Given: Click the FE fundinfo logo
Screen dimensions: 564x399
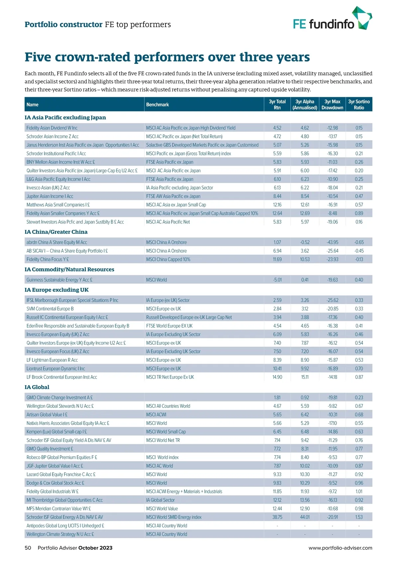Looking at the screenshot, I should click(x=332, y=19).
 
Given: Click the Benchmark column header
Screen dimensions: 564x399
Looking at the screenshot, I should click(x=158, y=104).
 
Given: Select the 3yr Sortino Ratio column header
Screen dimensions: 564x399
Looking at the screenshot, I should click(x=359, y=104).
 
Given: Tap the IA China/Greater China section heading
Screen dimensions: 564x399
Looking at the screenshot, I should click(x=56, y=232).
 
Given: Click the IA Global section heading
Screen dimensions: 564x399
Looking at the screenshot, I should click(x=37, y=387).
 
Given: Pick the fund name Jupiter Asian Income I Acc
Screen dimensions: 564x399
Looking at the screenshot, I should click(x=50, y=196).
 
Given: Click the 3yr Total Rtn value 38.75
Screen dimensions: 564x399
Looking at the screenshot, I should click(x=277, y=517).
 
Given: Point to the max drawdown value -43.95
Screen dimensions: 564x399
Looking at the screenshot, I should click(x=332, y=242).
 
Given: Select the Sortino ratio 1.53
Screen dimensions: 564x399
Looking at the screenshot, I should click(x=359, y=517).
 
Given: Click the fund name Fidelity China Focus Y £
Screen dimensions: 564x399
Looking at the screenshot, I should click(x=48, y=259).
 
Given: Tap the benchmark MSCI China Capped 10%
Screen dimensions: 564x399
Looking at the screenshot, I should click(x=168, y=259).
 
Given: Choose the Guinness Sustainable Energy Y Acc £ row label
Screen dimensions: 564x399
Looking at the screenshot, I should click(x=59, y=280).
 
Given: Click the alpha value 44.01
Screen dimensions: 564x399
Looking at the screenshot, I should click(x=305, y=517).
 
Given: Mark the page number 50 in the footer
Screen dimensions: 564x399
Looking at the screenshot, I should click(x=28, y=548).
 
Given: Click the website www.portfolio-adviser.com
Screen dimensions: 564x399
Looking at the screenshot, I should click(x=340, y=548).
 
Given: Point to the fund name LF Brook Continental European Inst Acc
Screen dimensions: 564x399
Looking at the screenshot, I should click(x=62, y=377).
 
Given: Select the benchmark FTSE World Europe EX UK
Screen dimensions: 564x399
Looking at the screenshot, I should click(x=169, y=326).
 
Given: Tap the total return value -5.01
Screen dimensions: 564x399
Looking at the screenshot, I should click(x=277, y=280).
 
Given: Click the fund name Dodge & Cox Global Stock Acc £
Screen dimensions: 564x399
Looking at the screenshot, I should click(x=55, y=483).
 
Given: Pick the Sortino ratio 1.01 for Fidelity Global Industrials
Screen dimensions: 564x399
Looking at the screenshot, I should click(x=359, y=492).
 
